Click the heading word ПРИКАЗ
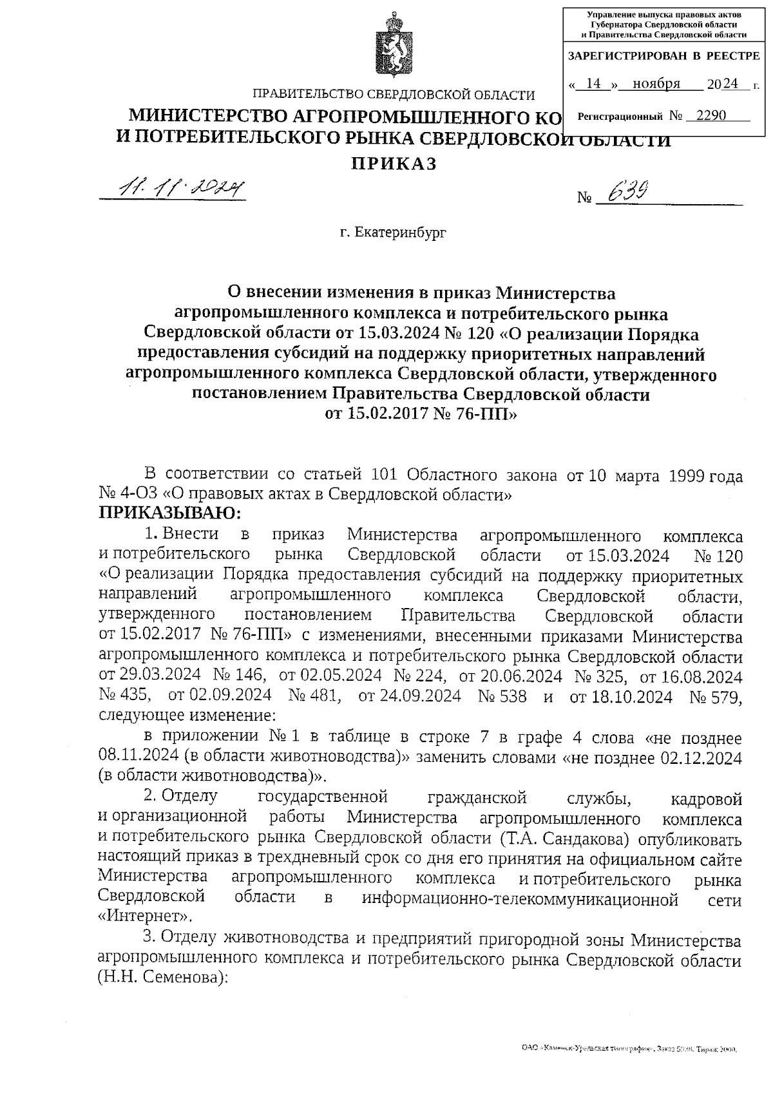pos(393,164)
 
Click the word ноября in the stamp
pos(656,84)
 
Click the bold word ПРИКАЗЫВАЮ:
pos(169,513)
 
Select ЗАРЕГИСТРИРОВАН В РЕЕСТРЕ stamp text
pos(663,57)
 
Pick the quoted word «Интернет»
pos(145,916)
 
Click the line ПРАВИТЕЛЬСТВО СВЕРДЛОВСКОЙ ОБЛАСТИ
pos(393,95)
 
